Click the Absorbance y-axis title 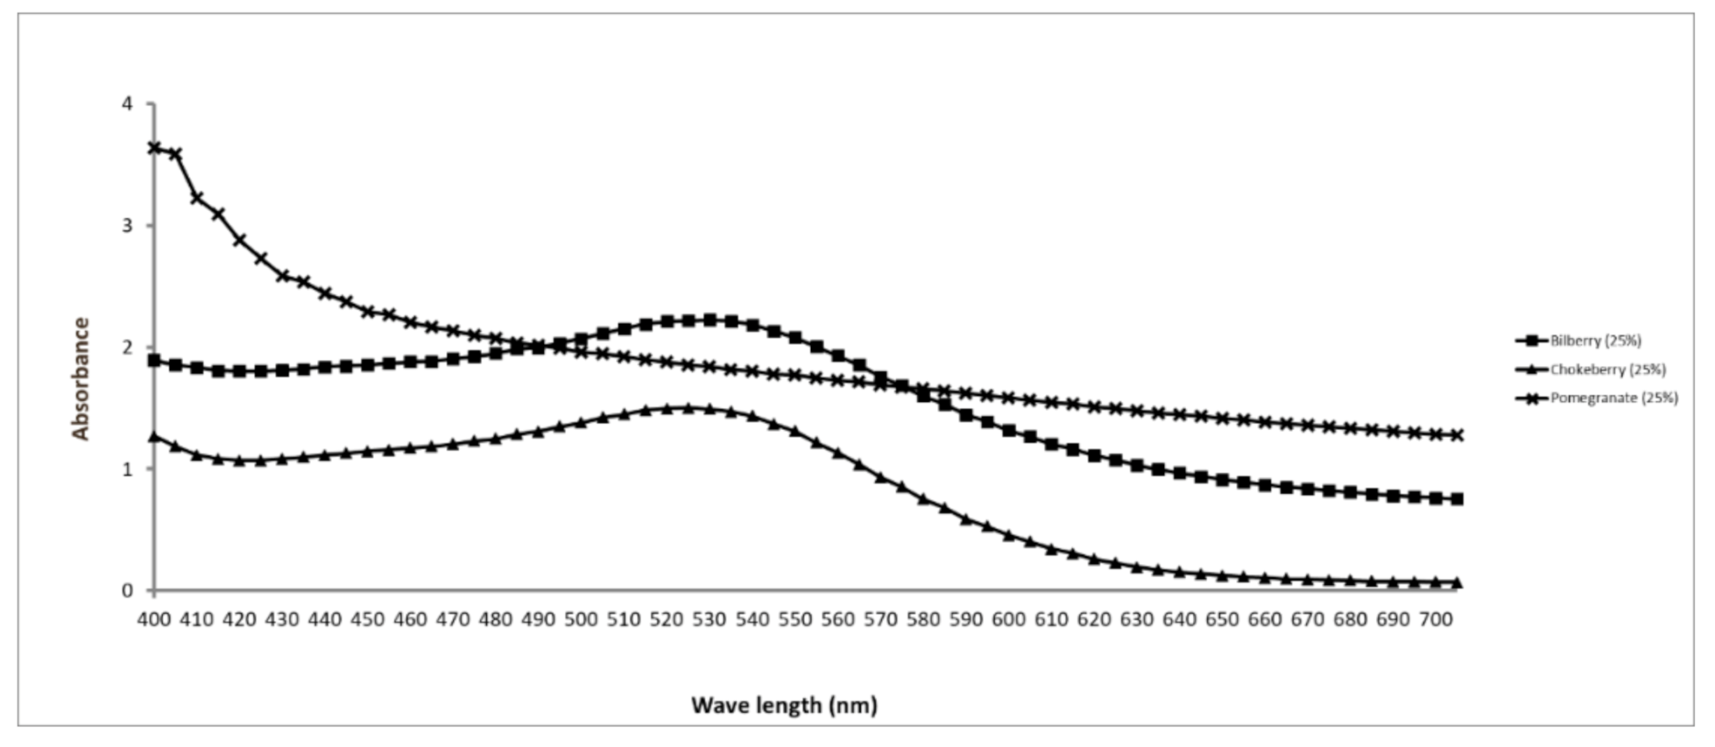point(81,379)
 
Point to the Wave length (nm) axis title point(784,706)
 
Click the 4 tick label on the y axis point(127,104)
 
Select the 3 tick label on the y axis point(127,226)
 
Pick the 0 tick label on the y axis point(127,591)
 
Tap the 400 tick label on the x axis point(154,620)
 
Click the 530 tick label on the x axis point(709,620)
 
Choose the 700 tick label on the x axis point(1436,620)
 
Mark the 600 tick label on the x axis point(1008,620)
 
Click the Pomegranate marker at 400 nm point(154,147)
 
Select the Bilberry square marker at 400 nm point(154,361)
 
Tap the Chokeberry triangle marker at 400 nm point(154,436)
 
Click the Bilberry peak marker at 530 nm point(710,320)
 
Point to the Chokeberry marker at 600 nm point(1009,536)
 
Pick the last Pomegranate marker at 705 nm point(1457,435)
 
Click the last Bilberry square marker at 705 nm point(1457,499)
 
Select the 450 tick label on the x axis point(368,620)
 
